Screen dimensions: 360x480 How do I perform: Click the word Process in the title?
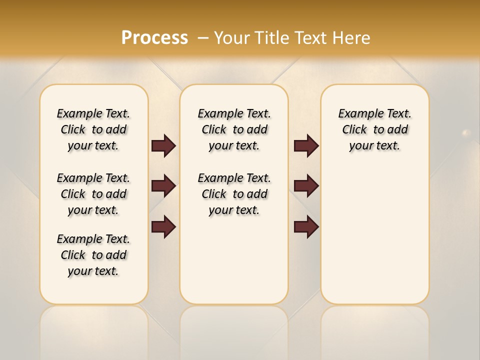[154, 37]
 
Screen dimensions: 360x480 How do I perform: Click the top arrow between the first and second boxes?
[163, 146]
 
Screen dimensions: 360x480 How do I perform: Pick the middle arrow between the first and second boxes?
[163, 186]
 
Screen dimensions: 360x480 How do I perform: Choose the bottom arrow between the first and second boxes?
[163, 226]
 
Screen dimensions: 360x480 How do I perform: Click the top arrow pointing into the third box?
[306, 146]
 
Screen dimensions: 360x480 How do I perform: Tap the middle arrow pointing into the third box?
[306, 186]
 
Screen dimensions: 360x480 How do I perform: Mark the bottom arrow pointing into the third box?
[306, 226]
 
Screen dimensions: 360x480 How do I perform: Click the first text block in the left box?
[93, 129]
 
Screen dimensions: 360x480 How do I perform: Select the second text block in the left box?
[93, 194]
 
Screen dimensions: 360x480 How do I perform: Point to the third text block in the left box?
[93, 255]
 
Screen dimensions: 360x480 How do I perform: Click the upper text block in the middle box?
[234, 129]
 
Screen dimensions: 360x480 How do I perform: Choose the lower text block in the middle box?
[234, 194]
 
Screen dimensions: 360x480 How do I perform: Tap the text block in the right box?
[374, 129]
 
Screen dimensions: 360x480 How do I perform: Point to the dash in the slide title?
[203, 37]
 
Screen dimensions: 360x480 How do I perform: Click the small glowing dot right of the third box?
[466, 133]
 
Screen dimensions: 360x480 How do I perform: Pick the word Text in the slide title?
[312, 37]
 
